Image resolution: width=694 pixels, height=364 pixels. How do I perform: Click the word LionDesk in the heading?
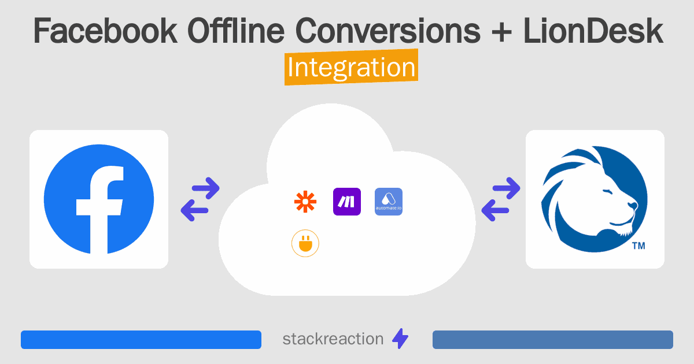[x=593, y=32]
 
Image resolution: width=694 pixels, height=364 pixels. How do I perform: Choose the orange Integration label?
[x=351, y=68]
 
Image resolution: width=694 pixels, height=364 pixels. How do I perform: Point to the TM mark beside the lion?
[x=638, y=246]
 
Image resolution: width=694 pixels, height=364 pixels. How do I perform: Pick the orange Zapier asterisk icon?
[x=305, y=202]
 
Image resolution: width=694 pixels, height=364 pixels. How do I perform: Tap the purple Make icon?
[x=347, y=202]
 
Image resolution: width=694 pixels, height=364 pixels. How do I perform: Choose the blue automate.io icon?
[x=389, y=202]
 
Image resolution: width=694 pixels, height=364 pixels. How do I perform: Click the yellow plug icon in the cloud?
[x=305, y=244]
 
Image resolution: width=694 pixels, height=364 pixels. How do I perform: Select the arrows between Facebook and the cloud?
[x=200, y=199]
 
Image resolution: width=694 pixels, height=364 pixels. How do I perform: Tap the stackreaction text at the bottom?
[x=333, y=339]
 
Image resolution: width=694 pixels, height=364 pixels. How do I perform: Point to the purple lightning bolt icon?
[x=400, y=339]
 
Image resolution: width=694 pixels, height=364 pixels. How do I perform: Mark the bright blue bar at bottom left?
[x=141, y=340]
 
